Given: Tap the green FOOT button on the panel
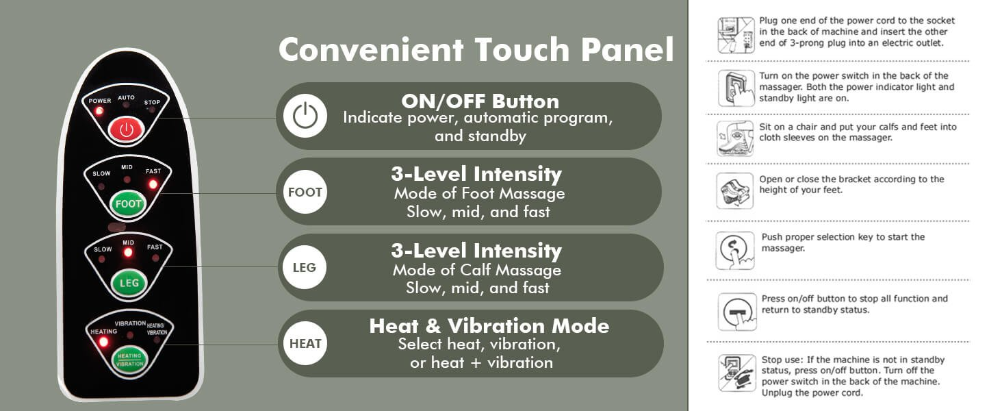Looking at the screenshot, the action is pos(128,203).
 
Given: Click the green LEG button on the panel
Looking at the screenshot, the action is pos(129,283).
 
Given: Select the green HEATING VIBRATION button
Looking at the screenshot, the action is pos(130,360).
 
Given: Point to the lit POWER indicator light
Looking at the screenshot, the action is pos(99,110).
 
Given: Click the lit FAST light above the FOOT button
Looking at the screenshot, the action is pos(153,184).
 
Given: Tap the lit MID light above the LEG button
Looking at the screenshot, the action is pos(128,253).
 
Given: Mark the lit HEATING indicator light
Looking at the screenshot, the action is pos(103,342).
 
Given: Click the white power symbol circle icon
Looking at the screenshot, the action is pos(305,116).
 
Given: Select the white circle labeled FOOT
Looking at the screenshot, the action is pos(305,192).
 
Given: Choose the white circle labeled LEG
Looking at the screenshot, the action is pos(305,267).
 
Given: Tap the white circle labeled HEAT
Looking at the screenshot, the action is pos(305,343).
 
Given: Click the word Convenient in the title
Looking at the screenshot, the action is pos(371,49).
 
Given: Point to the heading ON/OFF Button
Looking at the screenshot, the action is pos(480,101).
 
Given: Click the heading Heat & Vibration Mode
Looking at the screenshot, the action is pos(489,326).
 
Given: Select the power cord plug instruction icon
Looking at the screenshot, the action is pos(736,36).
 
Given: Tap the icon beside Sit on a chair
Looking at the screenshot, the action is pos(735,138).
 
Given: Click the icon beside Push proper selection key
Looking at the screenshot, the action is pos(735,250).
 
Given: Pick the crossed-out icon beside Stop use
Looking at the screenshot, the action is pos(736,373).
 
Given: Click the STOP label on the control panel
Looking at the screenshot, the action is pos(152,103).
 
